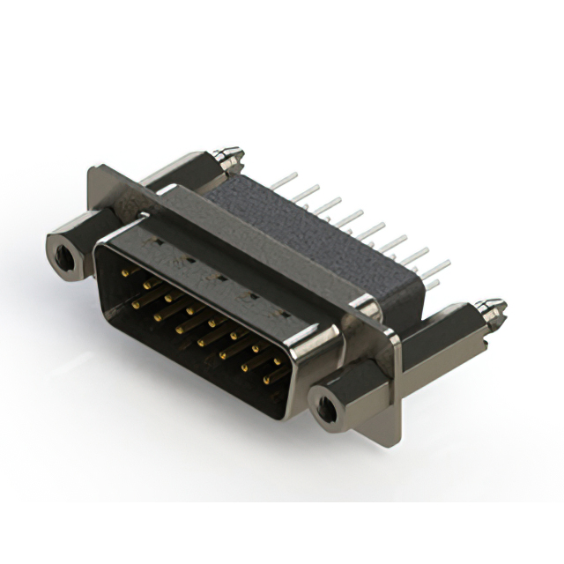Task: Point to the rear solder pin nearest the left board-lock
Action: pyautogui.click(x=280, y=181)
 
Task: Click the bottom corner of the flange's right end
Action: pyautogui.click(x=397, y=438)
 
